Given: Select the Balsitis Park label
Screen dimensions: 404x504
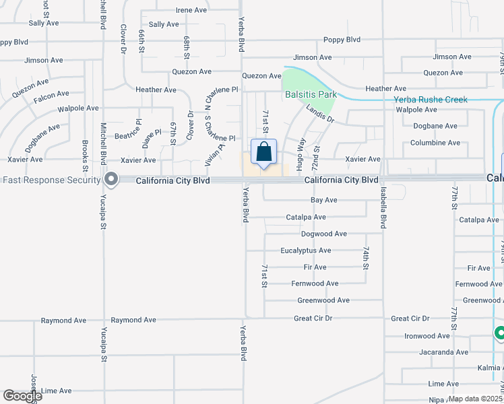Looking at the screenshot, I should [x=311, y=94].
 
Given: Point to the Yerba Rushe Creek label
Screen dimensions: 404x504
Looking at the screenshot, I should [x=431, y=100].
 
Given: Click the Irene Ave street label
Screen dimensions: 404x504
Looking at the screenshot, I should [x=191, y=10].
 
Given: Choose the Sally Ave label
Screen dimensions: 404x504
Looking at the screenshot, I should [x=164, y=24].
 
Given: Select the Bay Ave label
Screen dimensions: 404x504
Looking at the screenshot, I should [x=323, y=201].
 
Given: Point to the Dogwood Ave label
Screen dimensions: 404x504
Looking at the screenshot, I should [x=323, y=234].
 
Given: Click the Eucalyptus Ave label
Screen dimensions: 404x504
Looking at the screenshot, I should [x=306, y=250].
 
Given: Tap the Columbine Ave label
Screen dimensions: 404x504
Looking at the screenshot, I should [x=435, y=143].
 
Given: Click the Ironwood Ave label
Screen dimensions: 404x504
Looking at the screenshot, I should [x=427, y=336].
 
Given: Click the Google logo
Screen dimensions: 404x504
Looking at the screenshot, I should [x=22, y=397].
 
